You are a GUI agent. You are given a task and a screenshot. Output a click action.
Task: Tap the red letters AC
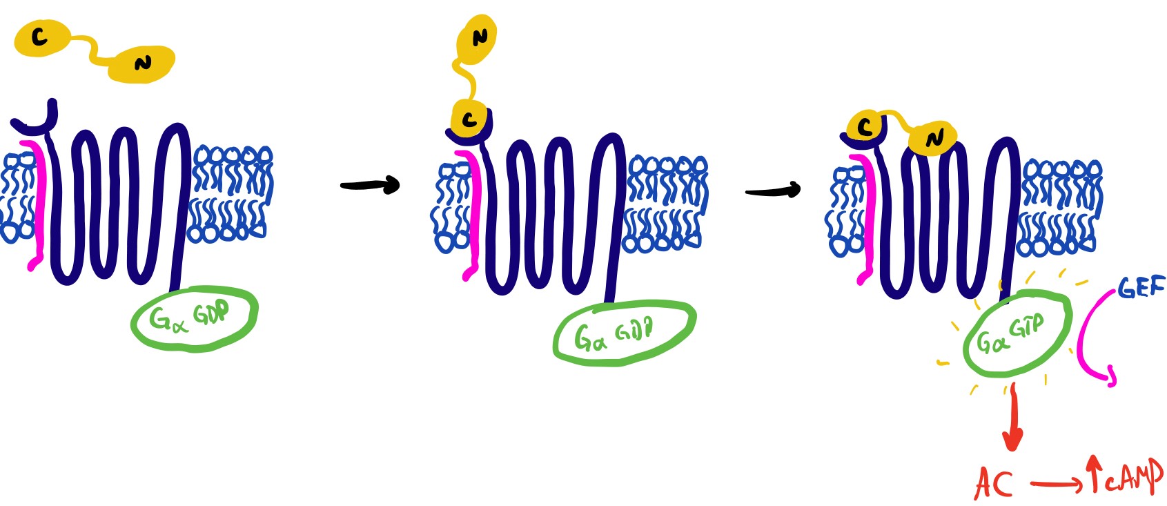994,483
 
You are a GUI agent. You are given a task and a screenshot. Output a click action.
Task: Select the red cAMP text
1132,476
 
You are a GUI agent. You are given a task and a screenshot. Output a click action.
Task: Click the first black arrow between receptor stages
370,185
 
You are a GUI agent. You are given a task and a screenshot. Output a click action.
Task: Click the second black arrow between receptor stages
773,190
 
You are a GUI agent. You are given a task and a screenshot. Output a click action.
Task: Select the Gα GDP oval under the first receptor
194,318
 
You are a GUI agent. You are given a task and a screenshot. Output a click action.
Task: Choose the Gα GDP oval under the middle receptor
624,332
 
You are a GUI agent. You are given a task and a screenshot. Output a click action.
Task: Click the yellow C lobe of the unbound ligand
41,37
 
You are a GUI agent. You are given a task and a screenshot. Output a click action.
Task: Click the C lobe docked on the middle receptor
470,119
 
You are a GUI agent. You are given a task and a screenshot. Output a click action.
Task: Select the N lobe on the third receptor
934,139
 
